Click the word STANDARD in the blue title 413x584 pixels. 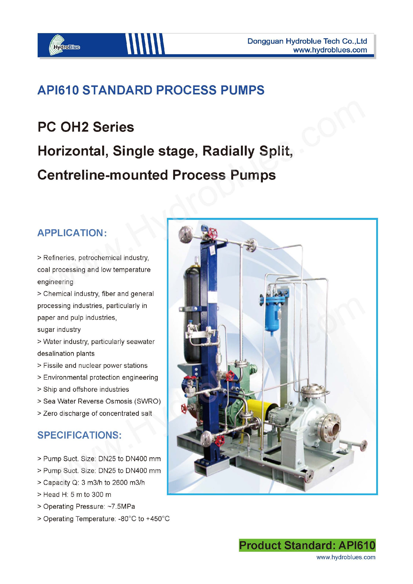(x=117, y=90)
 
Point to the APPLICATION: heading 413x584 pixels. (x=72, y=233)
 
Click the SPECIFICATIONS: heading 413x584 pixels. (x=79, y=435)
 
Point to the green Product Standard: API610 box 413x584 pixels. (x=307, y=545)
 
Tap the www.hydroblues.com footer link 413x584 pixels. (x=346, y=557)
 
